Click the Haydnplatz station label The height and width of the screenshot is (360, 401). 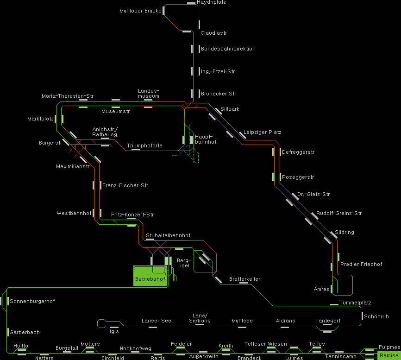pyautogui.click(x=211, y=2)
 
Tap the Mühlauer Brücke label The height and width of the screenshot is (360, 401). pyautogui.click(x=140, y=11)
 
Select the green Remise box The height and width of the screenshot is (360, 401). pyautogui.click(x=388, y=355)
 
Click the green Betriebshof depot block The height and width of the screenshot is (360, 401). pyautogui.click(x=150, y=276)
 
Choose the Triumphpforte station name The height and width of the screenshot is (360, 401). pyautogui.click(x=144, y=146)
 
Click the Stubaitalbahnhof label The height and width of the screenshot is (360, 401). pyautogui.click(x=168, y=236)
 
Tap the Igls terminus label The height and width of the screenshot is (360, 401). pyautogui.click(x=114, y=331)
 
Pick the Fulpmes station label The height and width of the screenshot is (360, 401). pyautogui.click(x=389, y=347)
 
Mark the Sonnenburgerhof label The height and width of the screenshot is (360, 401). pyautogui.click(x=32, y=302)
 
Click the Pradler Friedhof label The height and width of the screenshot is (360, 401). pyautogui.click(x=361, y=265)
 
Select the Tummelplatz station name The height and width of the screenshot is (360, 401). pyautogui.click(x=355, y=303)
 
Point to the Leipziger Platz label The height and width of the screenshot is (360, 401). pyautogui.click(x=262, y=133)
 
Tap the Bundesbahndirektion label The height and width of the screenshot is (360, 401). pyautogui.click(x=228, y=49)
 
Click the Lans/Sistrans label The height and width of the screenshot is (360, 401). pyautogui.click(x=200, y=318)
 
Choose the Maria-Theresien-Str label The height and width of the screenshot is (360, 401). pyautogui.click(x=68, y=96)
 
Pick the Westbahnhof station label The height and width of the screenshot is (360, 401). pyautogui.click(x=74, y=214)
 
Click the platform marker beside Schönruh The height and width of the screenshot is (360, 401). pyautogui.click(x=362, y=316)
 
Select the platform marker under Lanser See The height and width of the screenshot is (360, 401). pyautogui.click(x=153, y=327)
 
